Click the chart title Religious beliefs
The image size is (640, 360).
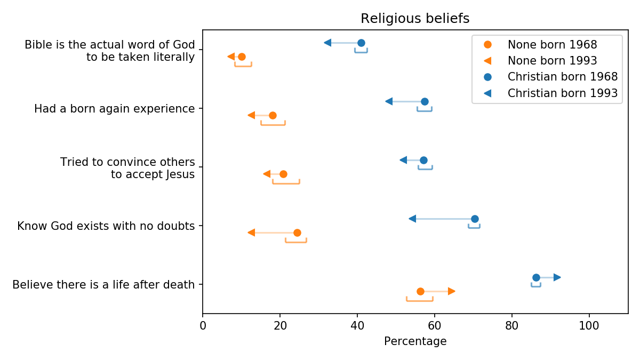[415, 19]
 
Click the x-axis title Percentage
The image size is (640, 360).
[415, 341]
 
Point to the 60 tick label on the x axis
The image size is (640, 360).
[435, 325]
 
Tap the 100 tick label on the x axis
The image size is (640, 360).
[589, 325]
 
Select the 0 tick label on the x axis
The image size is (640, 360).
[203, 325]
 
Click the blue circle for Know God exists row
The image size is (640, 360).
[475, 219]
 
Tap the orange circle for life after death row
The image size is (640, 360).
[420, 291]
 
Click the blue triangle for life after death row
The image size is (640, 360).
[557, 277]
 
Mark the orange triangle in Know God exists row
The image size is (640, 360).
[251, 233]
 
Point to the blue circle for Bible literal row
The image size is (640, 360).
[361, 43]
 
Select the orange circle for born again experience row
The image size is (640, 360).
[273, 115]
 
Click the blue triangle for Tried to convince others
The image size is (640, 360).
[403, 160]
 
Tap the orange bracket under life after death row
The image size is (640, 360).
[420, 300]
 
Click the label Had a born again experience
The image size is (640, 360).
[114, 109]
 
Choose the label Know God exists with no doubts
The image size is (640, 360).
[106, 226]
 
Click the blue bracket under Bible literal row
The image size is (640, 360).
[361, 52]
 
